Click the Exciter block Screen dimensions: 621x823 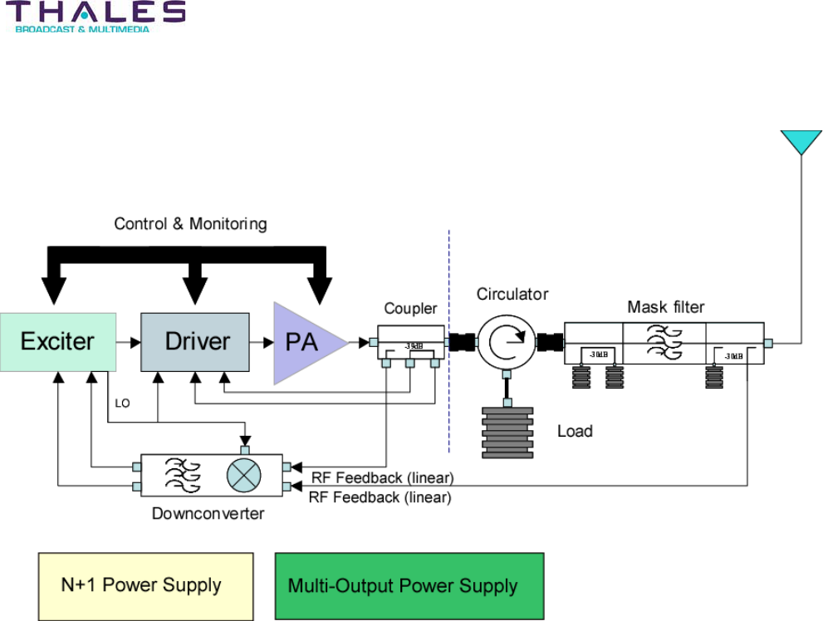coord(58,341)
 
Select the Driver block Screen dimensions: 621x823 coord(195,341)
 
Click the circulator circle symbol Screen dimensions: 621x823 coord(507,341)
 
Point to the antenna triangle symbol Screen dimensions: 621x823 coord(801,142)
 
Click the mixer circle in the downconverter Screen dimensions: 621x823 coord(244,476)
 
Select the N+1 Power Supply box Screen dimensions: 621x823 coord(145,586)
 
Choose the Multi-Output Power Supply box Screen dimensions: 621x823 coord(409,586)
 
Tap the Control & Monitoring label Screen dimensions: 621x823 coord(190,223)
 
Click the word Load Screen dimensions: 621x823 coord(575,431)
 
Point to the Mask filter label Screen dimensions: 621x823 coord(665,307)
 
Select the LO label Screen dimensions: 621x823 coord(123,403)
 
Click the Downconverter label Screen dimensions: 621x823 coord(208,514)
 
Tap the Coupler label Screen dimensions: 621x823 coord(410,309)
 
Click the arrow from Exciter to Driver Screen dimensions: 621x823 coord(128,341)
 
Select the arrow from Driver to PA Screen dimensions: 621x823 coord(262,341)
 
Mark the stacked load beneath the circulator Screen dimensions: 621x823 coord(507,432)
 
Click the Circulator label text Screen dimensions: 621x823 coord(512,294)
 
